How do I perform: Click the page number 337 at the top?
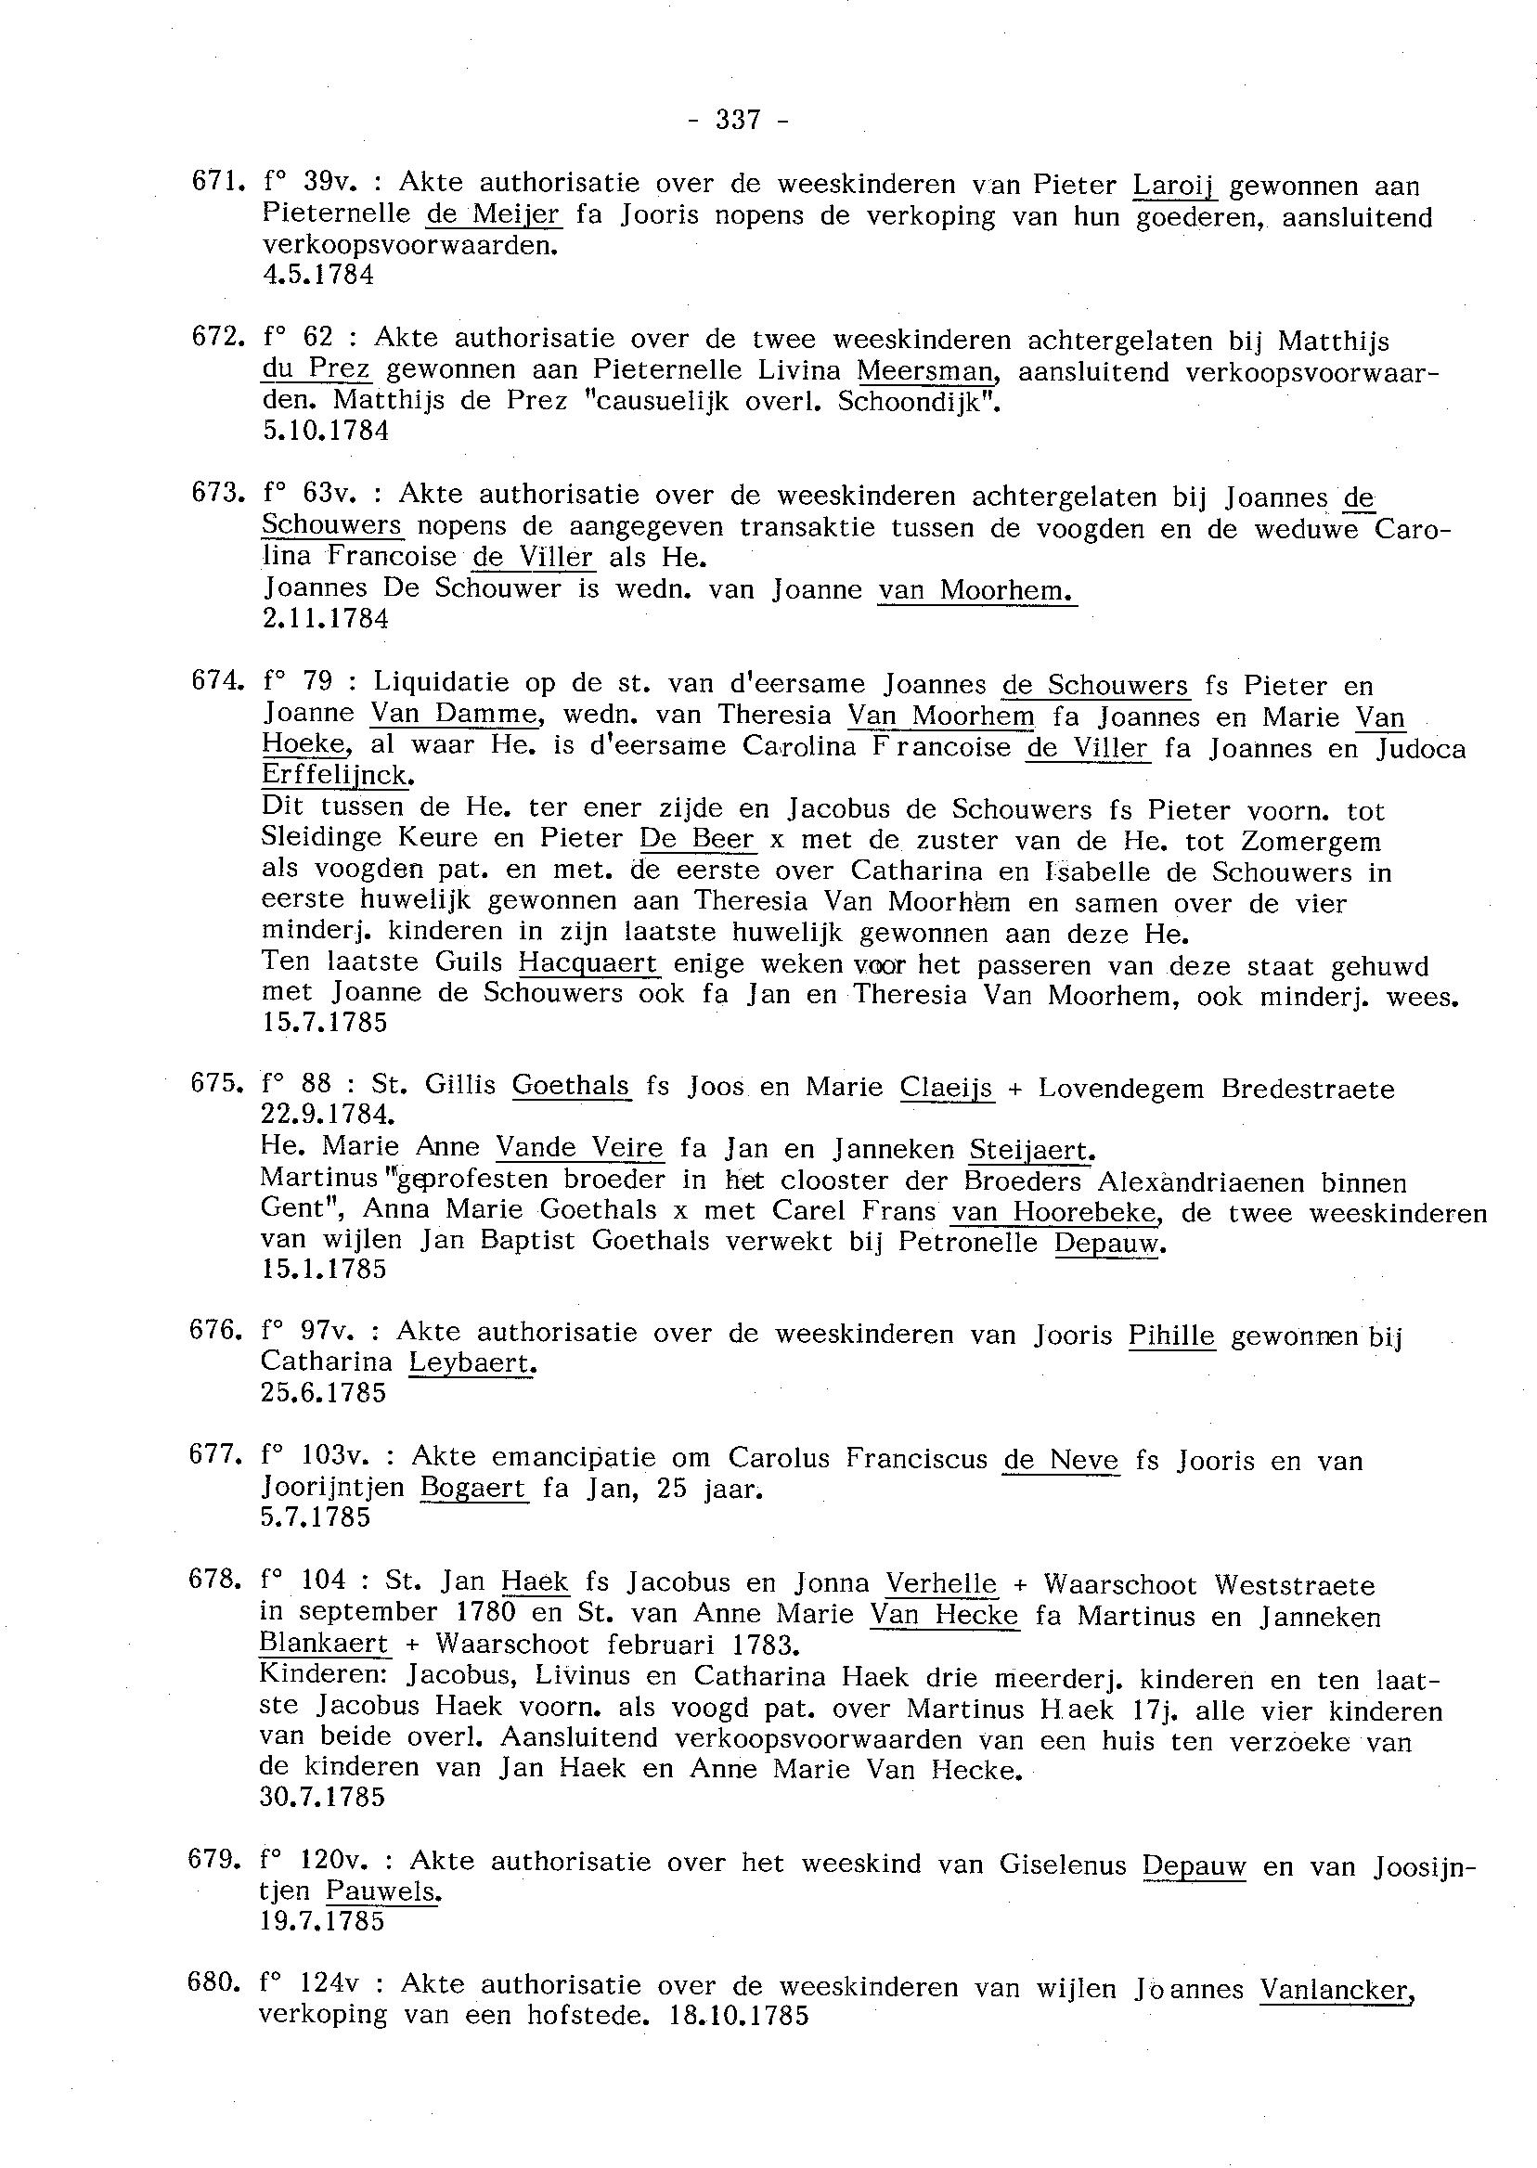click(x=738, y=120)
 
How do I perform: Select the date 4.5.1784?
click(x=317, y=276)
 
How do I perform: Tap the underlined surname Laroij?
click(x=1174, y=186)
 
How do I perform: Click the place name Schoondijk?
click(x=911, y=402)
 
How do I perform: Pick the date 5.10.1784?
click(x=325, y=432)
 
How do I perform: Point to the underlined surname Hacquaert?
click(x=588, y=964)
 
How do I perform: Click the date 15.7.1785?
click(x=324, y=1024)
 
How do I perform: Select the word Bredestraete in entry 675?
click(x=1307, y=1090)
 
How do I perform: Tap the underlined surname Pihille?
click(x=1171, y=1336)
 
